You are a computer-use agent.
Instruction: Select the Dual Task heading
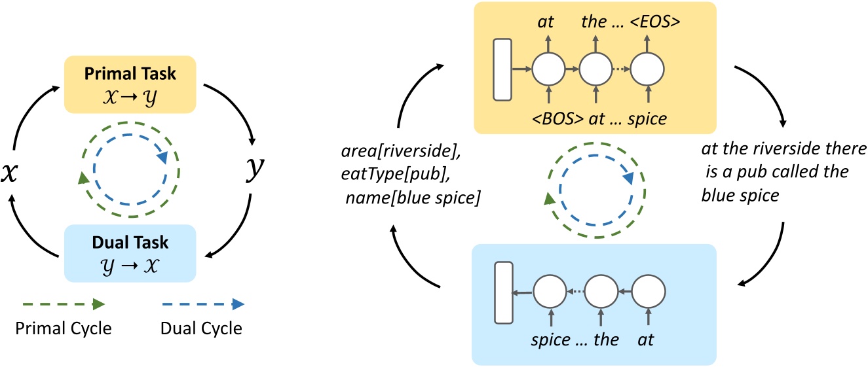click(x=130, y=243)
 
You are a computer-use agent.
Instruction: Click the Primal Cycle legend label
click(x=63, y=328)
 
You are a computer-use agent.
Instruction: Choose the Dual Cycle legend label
click(x=201, y=328)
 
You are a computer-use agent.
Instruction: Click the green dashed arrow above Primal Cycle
click(x=63, y=304)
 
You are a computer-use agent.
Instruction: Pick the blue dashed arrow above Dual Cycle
click(x=201, y=304)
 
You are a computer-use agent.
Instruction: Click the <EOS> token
click(x=656, y=22)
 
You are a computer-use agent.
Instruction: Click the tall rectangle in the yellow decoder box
click(x=502, y=71)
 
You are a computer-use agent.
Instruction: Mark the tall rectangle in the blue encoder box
click(x=502, y=292)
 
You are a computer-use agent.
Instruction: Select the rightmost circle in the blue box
click(x=649, y=292)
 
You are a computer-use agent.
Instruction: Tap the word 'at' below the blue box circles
click(x=646, y=340)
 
